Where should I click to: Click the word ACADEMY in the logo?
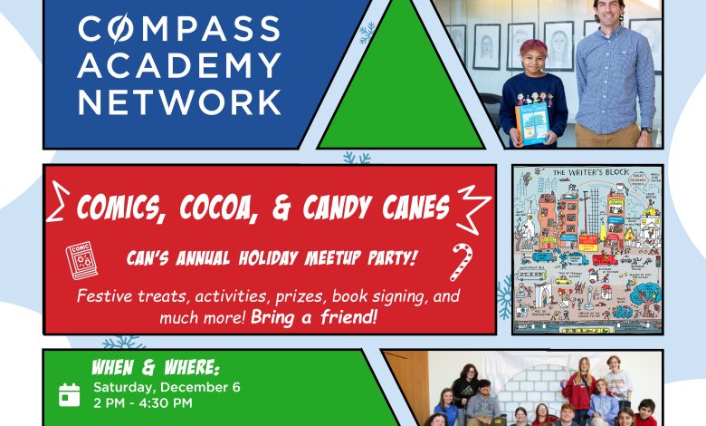pyautogui.click(x=180, y=65)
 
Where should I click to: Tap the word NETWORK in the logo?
pyautogui.click(x=180, y=102)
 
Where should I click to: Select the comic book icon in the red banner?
pyautogui.click(x=81, y=262)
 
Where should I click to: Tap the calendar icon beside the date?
pyautogui.click(x=69, y=394)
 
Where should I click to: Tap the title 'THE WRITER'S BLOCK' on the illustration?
pyautogui.click(x=587, y=173)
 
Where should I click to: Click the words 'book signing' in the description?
pyautogui.click(x=369, y=296)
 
